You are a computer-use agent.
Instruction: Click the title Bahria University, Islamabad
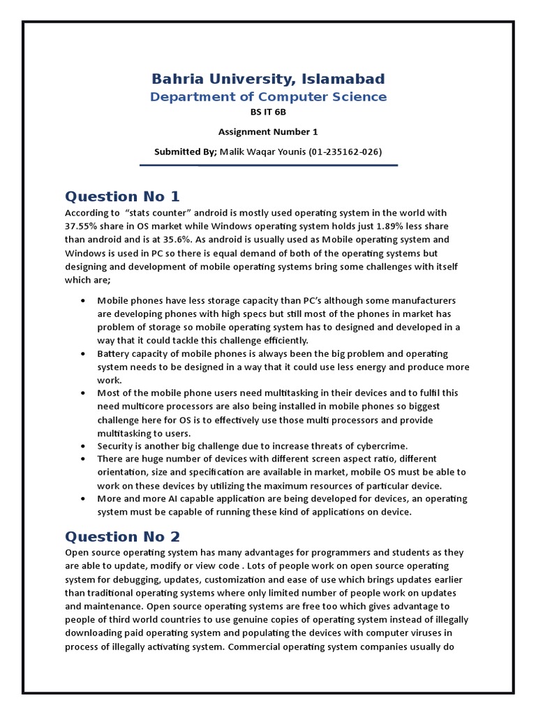(268, 78)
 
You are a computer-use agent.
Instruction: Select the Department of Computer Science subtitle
(268, 96)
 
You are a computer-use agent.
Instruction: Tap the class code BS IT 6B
(268, 112)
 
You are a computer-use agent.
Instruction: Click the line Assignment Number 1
(268, 131)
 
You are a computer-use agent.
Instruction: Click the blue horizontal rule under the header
(268, 165)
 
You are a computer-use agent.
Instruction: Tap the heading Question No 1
(122, 196)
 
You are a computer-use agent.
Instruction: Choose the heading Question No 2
(122, 536)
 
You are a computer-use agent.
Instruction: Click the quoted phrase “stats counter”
(157, 213)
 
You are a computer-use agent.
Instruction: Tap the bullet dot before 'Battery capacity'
(83, 354)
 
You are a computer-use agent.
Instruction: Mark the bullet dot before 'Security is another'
(83, 445)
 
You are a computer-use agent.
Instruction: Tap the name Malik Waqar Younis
(263, 152)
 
